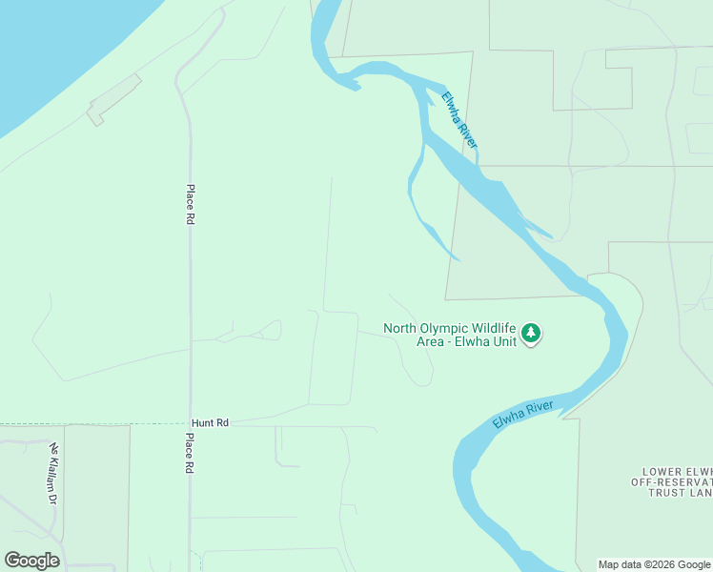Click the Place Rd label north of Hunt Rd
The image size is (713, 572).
coord(191,204)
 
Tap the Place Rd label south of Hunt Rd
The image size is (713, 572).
coord(191,453)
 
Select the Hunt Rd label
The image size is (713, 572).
coord(211,421)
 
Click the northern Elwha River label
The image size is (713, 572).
coord(458,118)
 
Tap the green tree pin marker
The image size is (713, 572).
coord(531,334)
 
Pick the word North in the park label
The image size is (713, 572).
coord(400,328)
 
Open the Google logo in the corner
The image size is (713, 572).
coord(31,561)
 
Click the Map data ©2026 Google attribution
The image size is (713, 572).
coord(654,564)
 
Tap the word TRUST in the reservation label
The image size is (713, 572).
coord(667,493)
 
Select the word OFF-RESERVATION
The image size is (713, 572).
coord(671,482)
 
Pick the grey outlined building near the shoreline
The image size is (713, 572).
coord(113,100)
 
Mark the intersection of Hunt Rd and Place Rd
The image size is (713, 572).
coord(190,422)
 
